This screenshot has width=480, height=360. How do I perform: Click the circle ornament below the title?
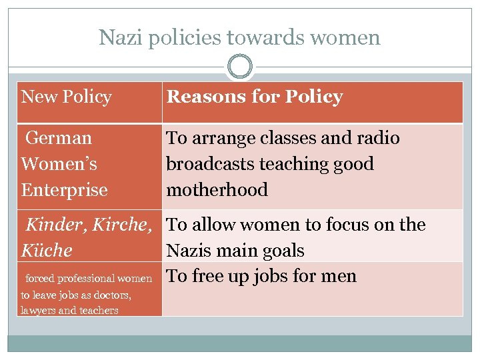pos(240,67)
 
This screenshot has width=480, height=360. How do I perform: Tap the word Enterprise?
pos(64,190)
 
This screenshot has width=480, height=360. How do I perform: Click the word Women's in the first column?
pos(59,164)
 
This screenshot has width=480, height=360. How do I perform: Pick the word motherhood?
pos(217,190)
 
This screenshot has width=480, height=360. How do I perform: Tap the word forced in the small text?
pos(39,279)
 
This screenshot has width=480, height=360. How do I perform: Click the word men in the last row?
pos(339,277)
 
